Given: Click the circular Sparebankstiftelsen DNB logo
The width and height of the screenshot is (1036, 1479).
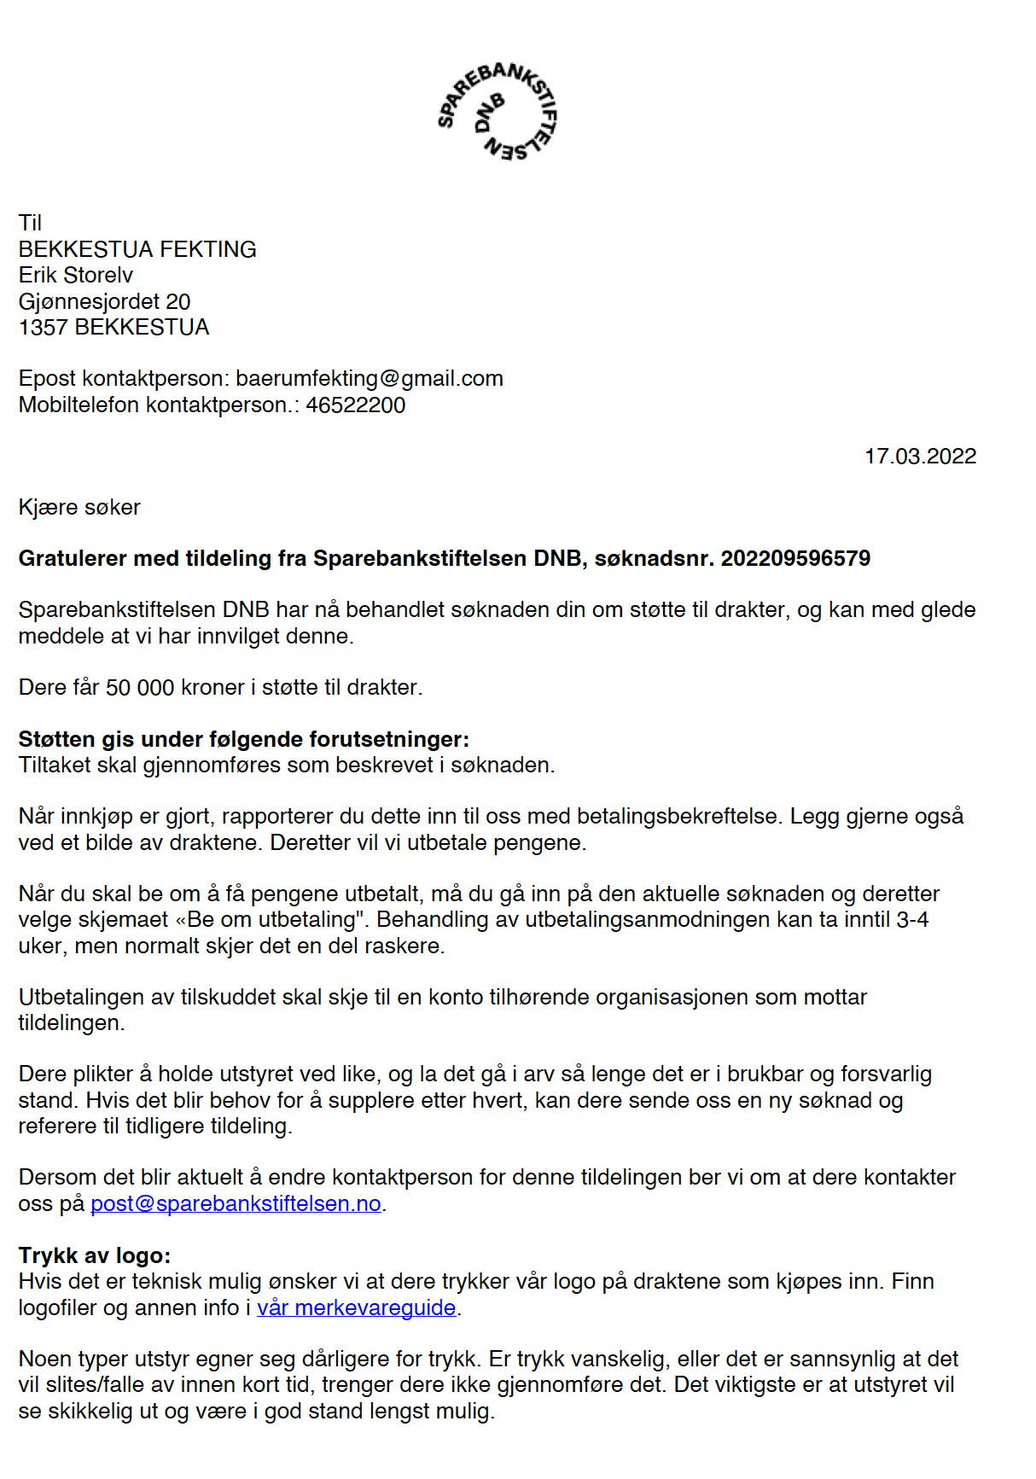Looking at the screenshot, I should point(497,112).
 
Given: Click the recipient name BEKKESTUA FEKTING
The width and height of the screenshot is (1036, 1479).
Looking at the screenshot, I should point(137,249).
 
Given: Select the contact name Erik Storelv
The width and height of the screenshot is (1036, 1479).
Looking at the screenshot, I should point(76,275).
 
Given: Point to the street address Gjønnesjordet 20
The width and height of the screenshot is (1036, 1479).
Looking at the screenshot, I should point(104,301).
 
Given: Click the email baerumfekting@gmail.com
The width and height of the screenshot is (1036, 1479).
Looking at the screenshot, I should point(369,378).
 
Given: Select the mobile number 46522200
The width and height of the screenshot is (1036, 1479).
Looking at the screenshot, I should point(355,405).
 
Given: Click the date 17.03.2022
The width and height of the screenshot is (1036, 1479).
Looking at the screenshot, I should point(920,457).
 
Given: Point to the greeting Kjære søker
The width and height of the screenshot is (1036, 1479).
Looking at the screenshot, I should point(79,507).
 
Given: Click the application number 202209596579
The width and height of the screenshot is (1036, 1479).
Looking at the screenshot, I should point(795,558).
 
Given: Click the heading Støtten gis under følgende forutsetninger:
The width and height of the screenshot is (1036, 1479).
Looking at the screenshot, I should point(244,739).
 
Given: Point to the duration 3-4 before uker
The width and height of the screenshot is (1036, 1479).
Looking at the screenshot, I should point(912,919).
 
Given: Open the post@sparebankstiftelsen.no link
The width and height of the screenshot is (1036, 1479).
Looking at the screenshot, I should point(236,1203).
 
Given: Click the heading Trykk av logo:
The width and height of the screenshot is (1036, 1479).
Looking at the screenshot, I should point(95,1255).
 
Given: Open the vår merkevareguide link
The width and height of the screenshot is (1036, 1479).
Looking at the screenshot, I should point(356,1307).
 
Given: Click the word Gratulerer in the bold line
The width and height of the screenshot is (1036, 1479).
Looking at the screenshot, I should point(73,558).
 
